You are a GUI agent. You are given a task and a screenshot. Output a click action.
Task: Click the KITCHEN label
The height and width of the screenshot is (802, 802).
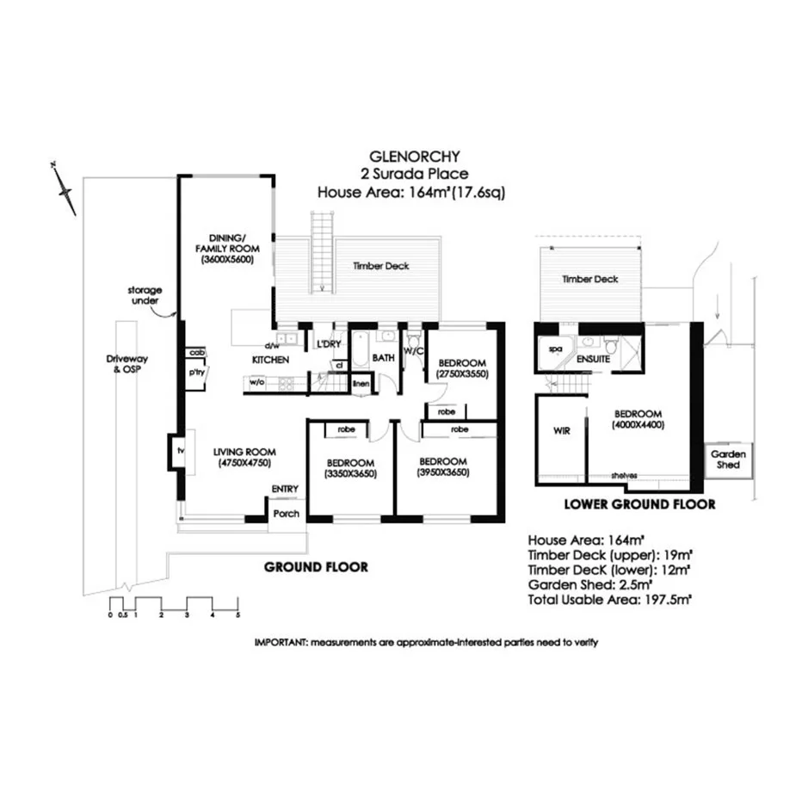[269, 360]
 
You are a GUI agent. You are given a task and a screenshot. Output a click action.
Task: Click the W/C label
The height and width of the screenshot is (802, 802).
[413, 350]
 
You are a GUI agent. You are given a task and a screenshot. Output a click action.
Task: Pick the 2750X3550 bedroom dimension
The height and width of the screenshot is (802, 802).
[462, 374]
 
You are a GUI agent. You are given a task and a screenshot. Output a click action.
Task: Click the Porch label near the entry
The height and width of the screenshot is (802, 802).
[285, 514]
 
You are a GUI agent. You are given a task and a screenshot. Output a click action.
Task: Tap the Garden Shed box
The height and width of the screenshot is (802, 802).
[727, 459]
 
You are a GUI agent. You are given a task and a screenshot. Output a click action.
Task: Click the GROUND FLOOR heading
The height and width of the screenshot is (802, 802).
[316, 567]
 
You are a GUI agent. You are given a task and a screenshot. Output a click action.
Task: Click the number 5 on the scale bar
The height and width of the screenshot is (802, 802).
[237, 614]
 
